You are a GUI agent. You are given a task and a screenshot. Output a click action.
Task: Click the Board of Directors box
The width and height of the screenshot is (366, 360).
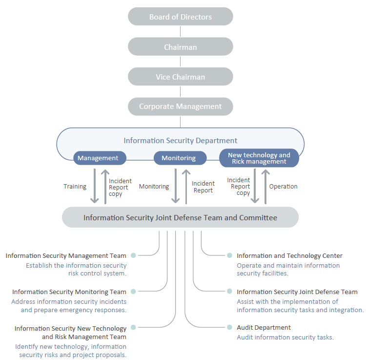(x=181, y=16)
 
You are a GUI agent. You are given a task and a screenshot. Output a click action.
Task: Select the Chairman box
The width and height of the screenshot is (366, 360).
(x=181, y=46)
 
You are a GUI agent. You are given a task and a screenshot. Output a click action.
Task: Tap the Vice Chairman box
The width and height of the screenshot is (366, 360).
(x=181, y=76)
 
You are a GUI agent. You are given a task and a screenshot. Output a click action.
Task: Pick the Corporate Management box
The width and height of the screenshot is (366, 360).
(x=181, y=106)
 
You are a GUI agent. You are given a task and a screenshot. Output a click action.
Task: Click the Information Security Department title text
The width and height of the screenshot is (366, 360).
(x=180, y=140)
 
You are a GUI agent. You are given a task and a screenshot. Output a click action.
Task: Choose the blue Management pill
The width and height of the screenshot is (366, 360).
(x=100, y=158)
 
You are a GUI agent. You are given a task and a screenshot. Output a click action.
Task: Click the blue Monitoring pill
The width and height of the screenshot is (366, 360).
(x=180, y=158)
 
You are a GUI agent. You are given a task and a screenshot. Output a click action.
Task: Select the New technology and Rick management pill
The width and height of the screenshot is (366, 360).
(x=259, y=158)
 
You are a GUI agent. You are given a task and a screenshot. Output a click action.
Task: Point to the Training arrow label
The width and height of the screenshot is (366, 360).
(x=75, y=187)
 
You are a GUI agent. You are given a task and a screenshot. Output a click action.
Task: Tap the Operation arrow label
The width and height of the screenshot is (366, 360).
(x=283, y=187)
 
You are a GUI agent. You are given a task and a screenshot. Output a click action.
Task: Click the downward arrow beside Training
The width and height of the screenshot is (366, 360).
(x=95, y=186)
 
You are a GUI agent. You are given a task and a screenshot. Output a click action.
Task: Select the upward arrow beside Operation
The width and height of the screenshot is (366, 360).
(x=265, y=187)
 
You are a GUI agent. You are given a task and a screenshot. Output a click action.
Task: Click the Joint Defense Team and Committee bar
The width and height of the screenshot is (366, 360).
(x=180, y=217)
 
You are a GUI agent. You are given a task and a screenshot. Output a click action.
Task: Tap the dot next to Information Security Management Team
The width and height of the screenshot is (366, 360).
(x=133, y=255)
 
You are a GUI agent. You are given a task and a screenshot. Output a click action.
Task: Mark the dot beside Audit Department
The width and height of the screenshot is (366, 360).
(x=229, y=327)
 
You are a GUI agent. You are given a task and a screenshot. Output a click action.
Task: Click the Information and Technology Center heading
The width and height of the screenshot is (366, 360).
(x=289, y=255)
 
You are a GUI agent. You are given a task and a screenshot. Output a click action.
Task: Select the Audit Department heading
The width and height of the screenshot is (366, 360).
(x=264, y=328)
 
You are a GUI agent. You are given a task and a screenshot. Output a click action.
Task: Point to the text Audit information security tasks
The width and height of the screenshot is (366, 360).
(x=285, y=337)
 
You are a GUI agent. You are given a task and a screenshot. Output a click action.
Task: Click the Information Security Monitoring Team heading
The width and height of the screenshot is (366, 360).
(x=69, y=292)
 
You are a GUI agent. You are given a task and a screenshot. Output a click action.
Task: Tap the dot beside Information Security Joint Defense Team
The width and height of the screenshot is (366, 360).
(x=229, y=291)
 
